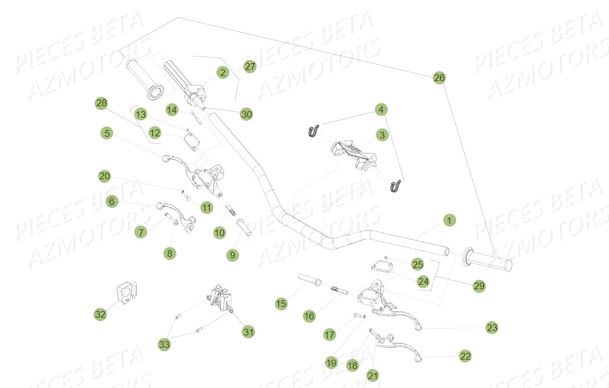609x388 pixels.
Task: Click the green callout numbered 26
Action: point(439,78)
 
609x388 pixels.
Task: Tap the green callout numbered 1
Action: point(448,220)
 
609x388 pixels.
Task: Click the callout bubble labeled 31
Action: point(248,332)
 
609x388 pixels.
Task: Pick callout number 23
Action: point(492,327)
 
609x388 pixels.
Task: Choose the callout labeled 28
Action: point(101,103)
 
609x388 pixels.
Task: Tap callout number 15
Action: point(281,304)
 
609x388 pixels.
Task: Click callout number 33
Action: point(164,344)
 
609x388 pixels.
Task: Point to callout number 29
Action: point(478,286)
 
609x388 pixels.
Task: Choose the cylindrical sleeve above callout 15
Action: point(307,279)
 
